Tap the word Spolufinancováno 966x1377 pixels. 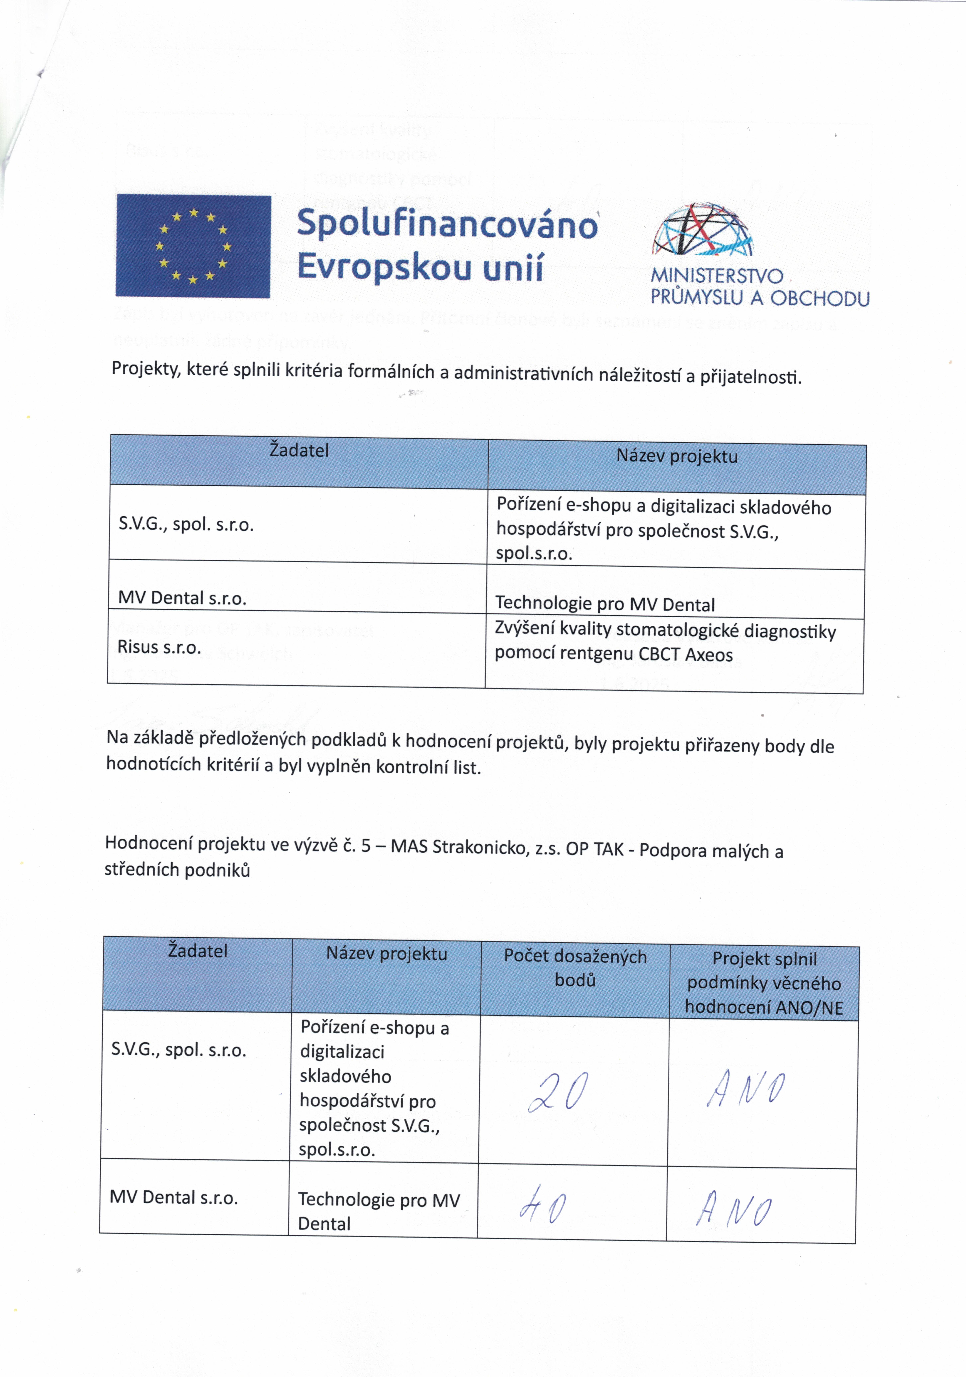(x=447, y=224)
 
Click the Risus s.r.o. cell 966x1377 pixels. (x=159, y=647)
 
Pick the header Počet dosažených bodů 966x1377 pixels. (x=575, y=967)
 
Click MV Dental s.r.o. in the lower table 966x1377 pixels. (x=174, y=1198)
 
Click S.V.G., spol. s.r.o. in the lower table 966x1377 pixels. (x=179, y=1050)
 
